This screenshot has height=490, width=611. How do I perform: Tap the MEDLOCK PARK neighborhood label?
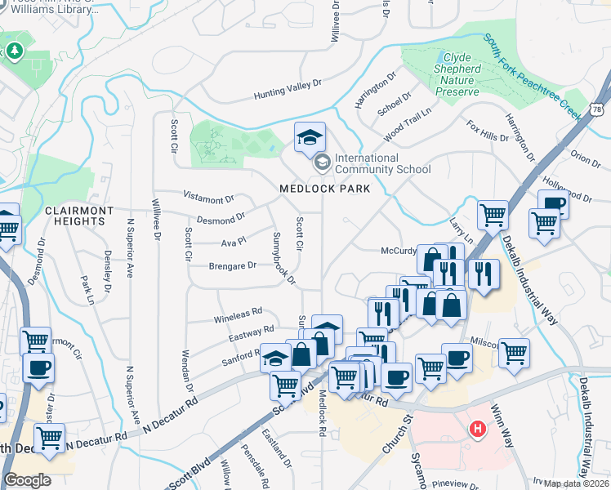[x=324, y=189]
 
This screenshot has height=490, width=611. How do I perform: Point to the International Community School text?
[x=382, y=163]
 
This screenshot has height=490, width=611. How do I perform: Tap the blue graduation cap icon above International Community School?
[x=310, y=139]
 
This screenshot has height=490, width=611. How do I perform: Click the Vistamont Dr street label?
[x=209, y=198]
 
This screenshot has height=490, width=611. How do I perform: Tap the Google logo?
[x=27, y=480]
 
